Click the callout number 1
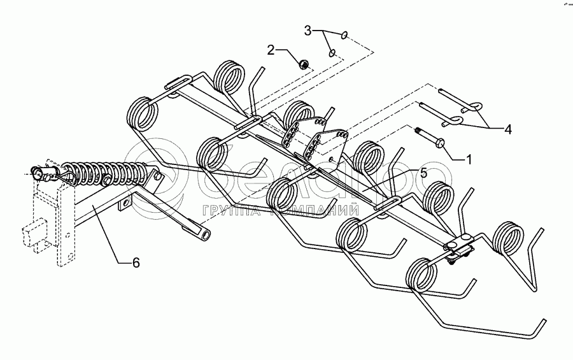[x=469, y=158]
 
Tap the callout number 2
[x=271, y=50]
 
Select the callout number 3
[x=308, y=30]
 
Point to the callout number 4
[x=507, y=129]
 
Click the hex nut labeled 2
[x=304, y=63]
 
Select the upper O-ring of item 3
[x=344, y=36]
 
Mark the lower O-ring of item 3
[x=332, y=54]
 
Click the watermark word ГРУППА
[x=226, y=210]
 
